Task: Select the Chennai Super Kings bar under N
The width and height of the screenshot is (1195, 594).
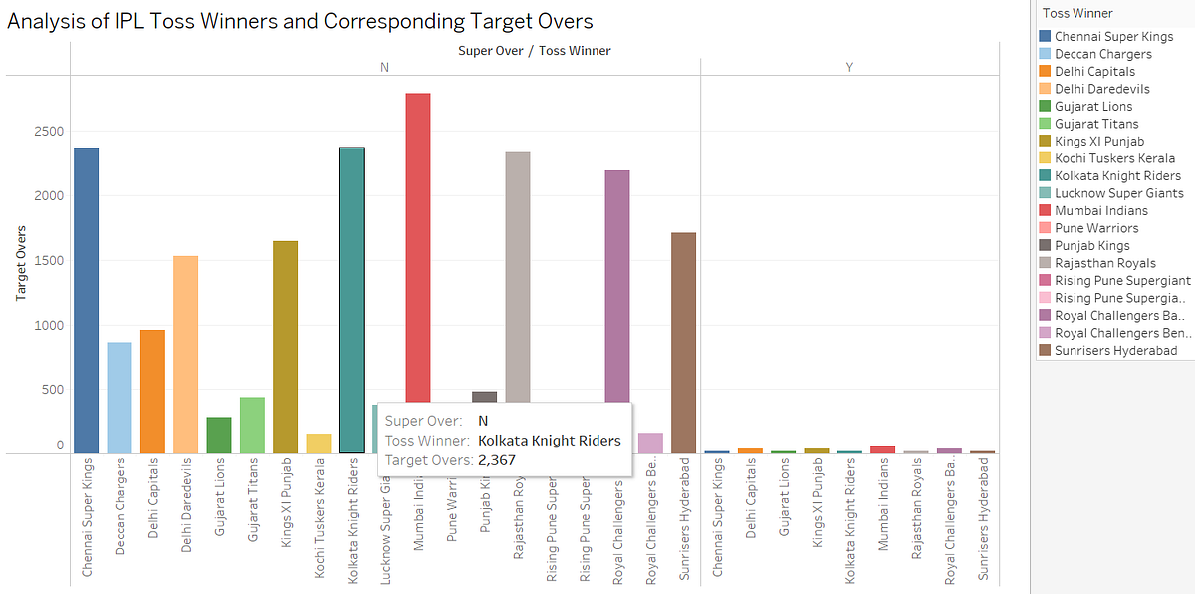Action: click(86, 300)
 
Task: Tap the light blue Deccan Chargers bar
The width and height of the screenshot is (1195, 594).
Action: click(119, 398)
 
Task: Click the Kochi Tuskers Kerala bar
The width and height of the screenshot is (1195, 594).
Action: click(318, 444)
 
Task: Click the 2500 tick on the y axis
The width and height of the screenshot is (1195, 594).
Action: click(49, 132)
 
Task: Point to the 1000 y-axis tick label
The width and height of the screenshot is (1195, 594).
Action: click(49, 325)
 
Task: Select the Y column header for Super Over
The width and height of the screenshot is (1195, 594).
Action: click(848, 67)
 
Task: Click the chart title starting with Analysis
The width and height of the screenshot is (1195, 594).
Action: click(300, 22)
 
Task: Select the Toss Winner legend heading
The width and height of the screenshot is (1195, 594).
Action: click(1077, 13)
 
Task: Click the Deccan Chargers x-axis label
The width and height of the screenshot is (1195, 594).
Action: click(119, 518)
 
